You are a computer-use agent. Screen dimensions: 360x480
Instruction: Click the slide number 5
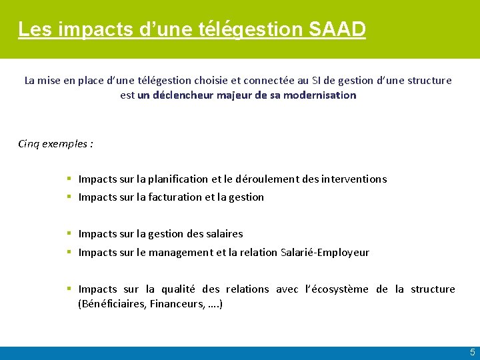472,352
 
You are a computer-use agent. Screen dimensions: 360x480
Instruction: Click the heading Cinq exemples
55,143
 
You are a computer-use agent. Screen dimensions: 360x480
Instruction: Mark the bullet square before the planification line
69,179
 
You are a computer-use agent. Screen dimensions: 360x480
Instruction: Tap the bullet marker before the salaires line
69,233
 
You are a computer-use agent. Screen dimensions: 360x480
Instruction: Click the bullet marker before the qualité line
69,289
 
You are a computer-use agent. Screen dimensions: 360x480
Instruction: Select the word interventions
353,179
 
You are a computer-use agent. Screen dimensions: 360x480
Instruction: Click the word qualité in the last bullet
177,289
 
